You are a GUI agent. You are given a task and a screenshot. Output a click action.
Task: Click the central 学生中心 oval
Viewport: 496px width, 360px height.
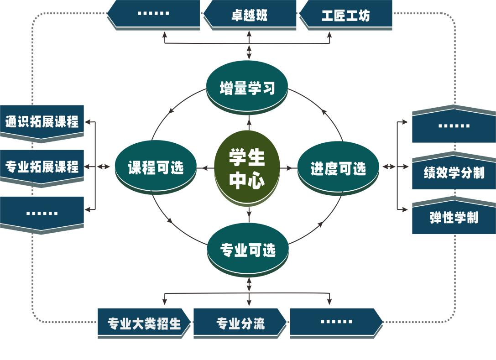(x=247, y=167)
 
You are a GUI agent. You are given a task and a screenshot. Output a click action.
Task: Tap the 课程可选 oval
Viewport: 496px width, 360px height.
(x=156, y=167)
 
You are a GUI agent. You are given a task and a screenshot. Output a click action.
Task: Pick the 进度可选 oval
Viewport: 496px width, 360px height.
(x=338, y=168)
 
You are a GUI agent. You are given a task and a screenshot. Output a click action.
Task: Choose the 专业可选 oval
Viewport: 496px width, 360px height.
(x=248, y=249)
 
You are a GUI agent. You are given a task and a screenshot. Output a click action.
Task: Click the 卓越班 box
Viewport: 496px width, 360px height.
(x=249, y=15)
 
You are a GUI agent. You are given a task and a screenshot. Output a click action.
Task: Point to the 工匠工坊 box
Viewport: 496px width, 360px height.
(x=345, y=15)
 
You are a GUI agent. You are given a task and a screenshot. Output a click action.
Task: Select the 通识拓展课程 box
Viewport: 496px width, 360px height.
(x=42, y=122)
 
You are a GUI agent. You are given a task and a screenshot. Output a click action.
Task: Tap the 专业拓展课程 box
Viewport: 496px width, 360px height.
(x=42, y=167)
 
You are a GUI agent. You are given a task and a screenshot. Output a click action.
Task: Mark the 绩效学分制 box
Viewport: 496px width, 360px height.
(x=454, y=172)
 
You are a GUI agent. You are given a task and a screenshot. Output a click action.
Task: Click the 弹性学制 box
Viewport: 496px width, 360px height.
(x=454, y=217)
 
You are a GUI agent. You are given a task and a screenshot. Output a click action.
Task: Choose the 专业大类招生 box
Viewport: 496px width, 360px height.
(x=144, y=323)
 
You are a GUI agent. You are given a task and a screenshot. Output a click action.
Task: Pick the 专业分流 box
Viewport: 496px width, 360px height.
(x=240, y=323)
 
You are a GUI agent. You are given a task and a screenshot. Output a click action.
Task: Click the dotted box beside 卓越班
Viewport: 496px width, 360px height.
(x=153, y=14)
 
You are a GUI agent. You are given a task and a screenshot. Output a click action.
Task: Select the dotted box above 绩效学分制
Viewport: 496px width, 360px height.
(x=454, y=126)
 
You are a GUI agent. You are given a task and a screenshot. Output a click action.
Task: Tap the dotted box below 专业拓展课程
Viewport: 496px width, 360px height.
(x=42, y=213)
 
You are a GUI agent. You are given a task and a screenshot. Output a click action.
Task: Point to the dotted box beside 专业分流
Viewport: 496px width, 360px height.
(x=336, y=322)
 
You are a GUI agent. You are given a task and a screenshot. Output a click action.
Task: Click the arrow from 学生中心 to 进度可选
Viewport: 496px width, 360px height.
(x=287, y=168)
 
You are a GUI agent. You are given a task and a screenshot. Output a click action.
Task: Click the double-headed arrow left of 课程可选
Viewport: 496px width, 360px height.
(x=104, y=167)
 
